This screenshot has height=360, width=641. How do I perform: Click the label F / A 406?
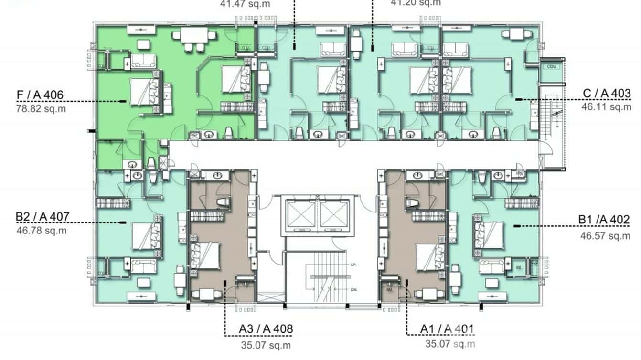[40, 95]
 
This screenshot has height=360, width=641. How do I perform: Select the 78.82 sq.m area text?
[41, 108]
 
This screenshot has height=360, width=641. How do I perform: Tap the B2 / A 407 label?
[42, 217]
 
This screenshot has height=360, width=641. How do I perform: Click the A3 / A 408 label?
[266, 329]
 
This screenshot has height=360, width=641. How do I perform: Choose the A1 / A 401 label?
[447, 329]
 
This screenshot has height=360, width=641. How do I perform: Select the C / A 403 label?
[607, 93]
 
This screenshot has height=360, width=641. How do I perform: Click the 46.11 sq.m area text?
[606, 106]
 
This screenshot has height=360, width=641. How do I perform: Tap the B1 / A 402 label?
[604, 220]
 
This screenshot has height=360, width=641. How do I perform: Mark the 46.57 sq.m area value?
[605, 236]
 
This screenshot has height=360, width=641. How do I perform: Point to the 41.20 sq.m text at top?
[416, 3]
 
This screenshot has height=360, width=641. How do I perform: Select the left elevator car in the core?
[301, 213]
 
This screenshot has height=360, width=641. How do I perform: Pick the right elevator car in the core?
[334, 213]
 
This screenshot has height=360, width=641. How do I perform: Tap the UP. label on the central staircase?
[354, 265]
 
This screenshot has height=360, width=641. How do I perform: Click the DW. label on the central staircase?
[354, 290]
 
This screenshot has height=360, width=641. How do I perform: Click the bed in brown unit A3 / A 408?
[206, 255]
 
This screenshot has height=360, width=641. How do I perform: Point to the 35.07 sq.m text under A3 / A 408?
[266, 345]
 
